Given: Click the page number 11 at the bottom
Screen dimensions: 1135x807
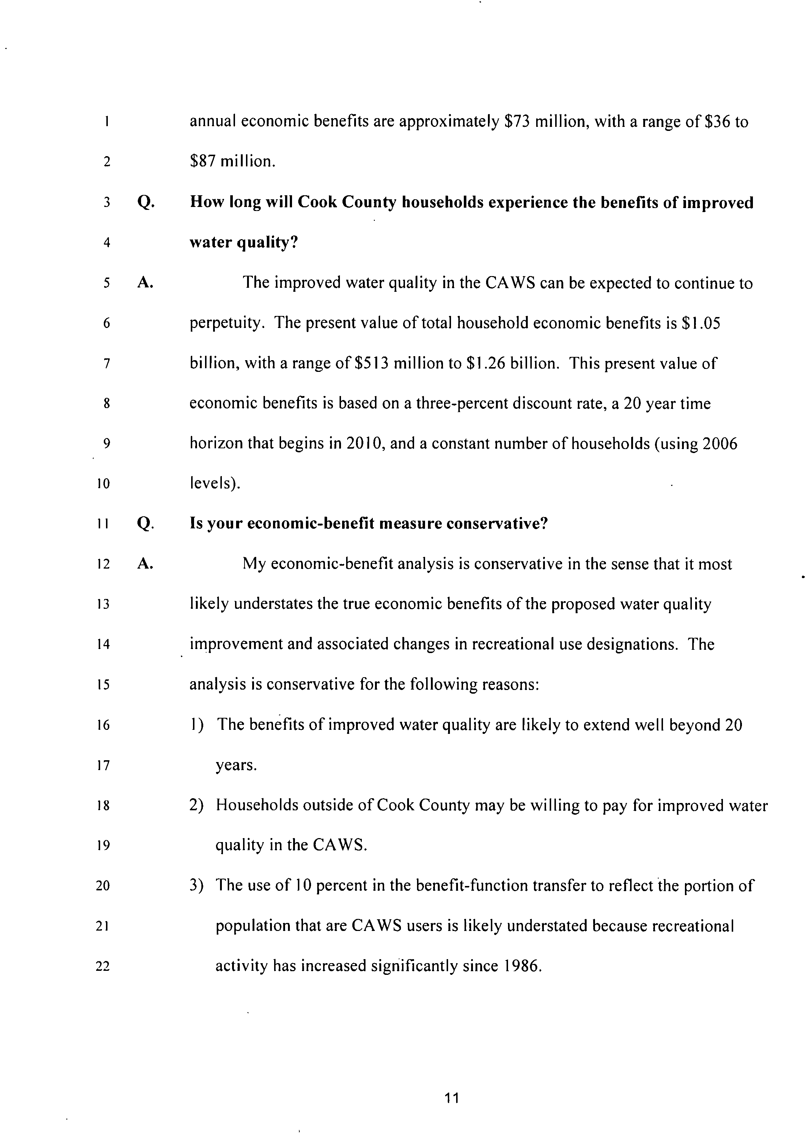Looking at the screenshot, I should [452, 1098].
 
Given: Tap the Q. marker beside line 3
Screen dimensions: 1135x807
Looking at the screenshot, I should [145, 203].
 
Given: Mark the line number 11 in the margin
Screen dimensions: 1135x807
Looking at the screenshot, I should [103, 524].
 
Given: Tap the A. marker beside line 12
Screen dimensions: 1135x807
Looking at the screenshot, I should [145, 564].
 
